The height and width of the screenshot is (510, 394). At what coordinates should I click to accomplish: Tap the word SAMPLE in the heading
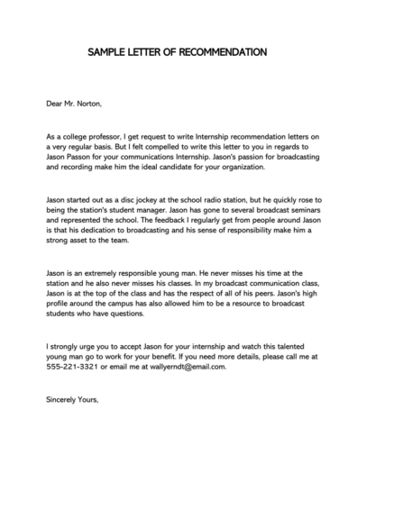109,52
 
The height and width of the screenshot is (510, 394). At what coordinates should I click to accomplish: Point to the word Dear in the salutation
56,104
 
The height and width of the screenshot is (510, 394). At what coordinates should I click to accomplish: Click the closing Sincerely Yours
72,399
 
